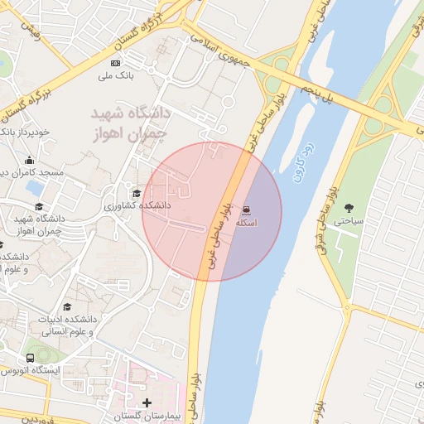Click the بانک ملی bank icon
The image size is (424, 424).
pyautogui.click(x=115, y=63)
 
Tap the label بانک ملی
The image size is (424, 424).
pyautogui.click(x=116, y=77)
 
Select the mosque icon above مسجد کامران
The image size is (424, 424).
pyautogui.click(x=31, y=160)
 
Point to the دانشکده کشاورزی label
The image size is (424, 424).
pyautogui.click(x=137, y=205)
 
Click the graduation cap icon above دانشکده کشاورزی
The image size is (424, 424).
pyautogui.click(x=137, y=193)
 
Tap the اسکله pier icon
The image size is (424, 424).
pyautogui.click(x=247, y=210)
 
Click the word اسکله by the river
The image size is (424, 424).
pyautogui.click(x=247, y=224)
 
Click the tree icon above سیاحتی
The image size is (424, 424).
pyautogui.click(x=348, y=208)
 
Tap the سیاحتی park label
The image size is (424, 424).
pyautogui.click(x=347, y=221)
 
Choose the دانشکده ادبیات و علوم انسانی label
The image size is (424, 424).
pyautogui.click(x=66, y=325)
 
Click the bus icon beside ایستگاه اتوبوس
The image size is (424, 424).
pyautogui.click(x=30, y=359)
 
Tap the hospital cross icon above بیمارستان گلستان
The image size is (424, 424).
pyautogui.click(x=147, y=402)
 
